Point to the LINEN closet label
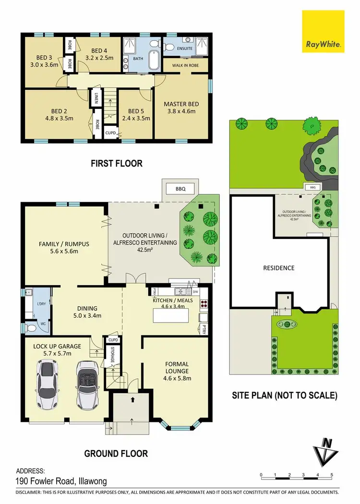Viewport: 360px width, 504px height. [x=96, y=98]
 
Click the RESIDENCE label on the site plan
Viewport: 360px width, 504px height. [x=279, y=268]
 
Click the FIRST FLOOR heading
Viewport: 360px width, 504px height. [x=117, y=164]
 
